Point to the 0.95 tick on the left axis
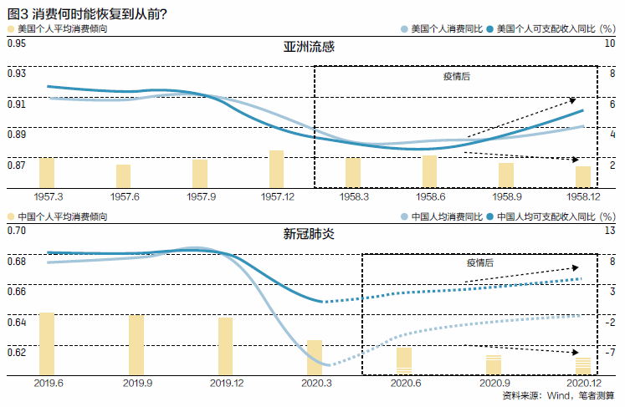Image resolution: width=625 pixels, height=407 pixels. pyautogui.click(x=16, y=43)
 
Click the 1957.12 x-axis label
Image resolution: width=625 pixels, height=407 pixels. pyautogui.click(x=276, y=196)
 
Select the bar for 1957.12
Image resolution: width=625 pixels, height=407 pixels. pyautogui.click(x=276, y=169)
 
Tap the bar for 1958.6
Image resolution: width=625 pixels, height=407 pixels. pyautogui.click(x=429, y=171)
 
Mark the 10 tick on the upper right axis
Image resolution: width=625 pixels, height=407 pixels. pyautogui.click(x=611, y=43)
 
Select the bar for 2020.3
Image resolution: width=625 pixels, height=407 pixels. pyautogui.click(x=315, y=356)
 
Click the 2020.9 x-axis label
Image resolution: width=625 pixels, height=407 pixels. pyautogui.click(x=494, y=382)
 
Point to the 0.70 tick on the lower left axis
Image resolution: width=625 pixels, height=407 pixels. pyautogui.click(x=16, y=230)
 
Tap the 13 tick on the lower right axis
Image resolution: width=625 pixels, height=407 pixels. pyautogui.click(x=611, y=230)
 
